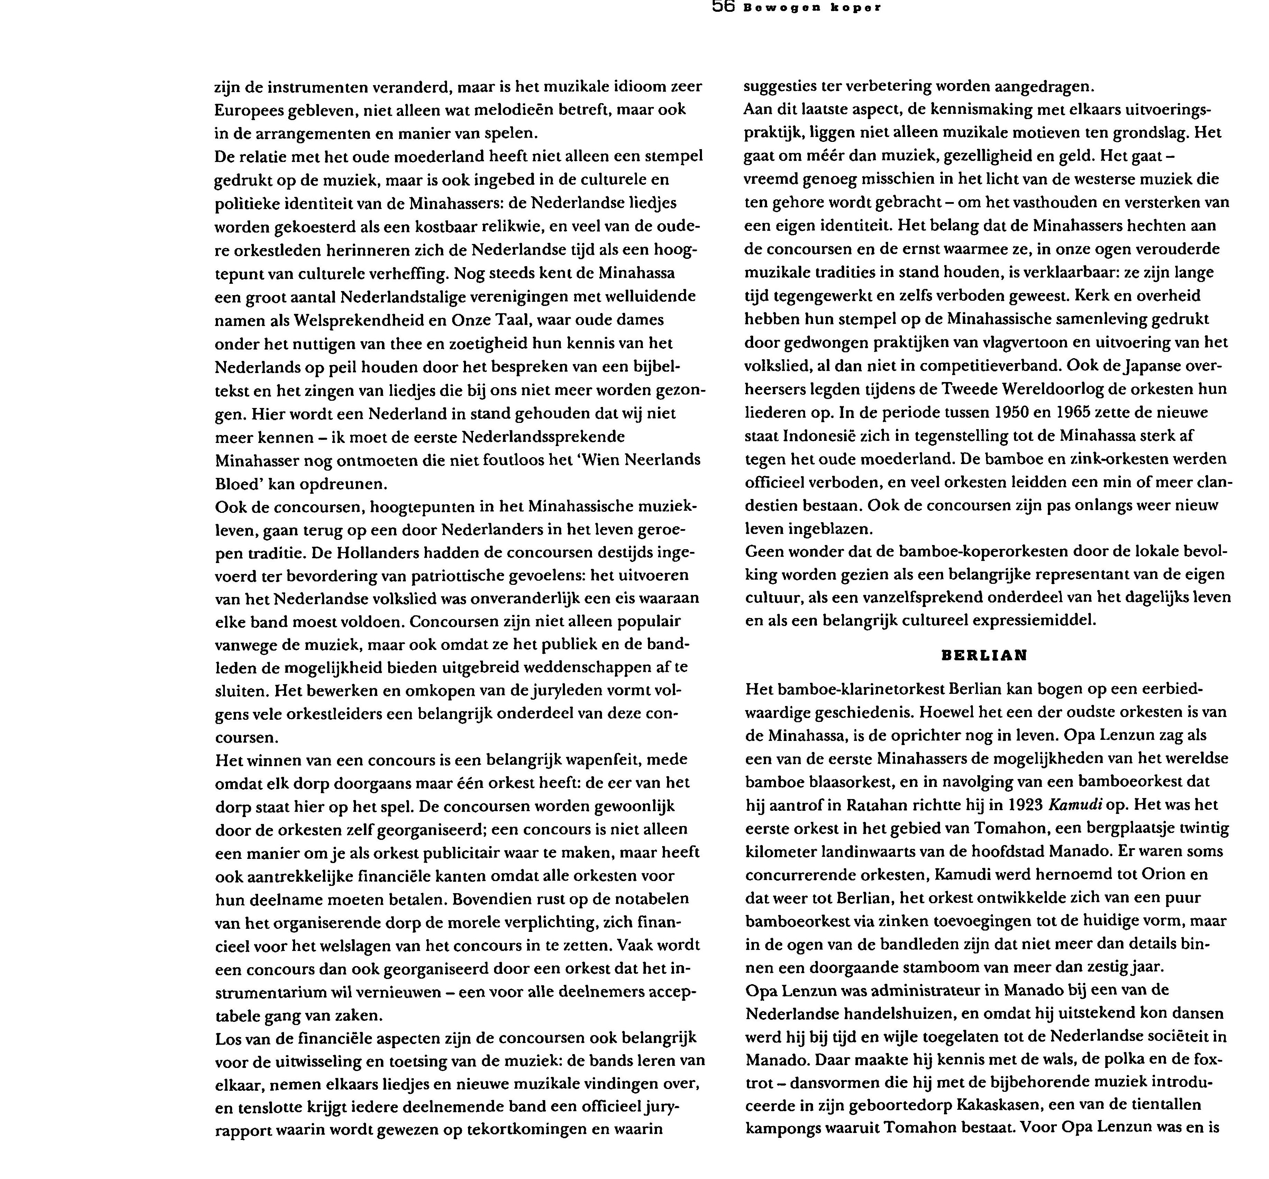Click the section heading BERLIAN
point(984,655)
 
